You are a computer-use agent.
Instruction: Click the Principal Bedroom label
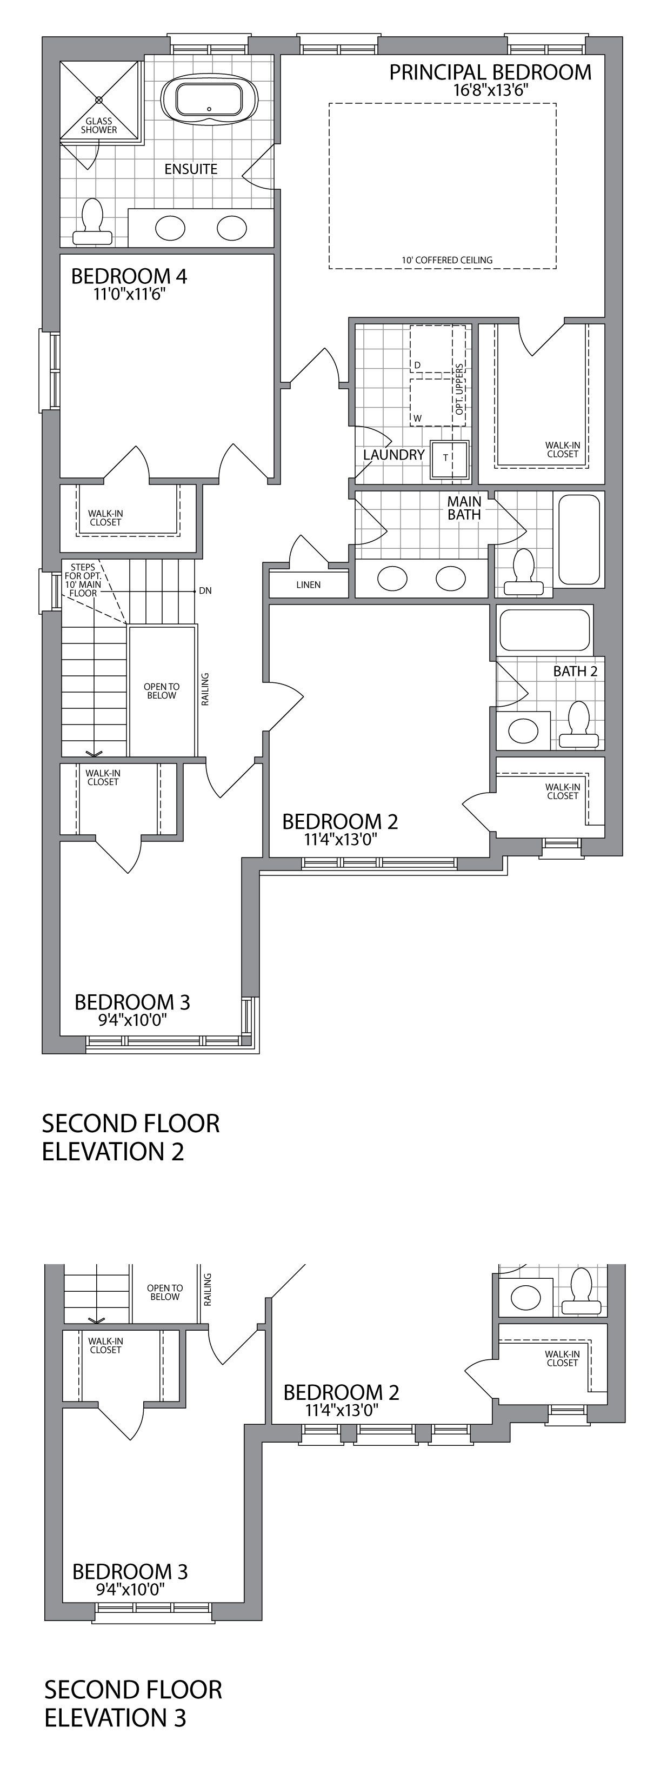490,72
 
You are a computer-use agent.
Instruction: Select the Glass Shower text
99,125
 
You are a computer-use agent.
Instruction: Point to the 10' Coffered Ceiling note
447,260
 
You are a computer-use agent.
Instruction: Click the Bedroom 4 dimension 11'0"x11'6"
130,295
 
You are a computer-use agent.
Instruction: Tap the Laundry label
393,455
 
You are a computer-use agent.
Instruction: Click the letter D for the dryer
417,364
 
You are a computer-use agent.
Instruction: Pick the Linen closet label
309,585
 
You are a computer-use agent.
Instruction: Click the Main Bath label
464,508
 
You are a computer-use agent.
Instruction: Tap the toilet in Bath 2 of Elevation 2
580,725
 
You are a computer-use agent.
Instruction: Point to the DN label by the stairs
205,590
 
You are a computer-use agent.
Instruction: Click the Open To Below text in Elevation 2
162,691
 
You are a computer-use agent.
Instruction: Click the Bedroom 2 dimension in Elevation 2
341,840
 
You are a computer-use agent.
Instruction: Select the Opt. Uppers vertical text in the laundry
459,388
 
